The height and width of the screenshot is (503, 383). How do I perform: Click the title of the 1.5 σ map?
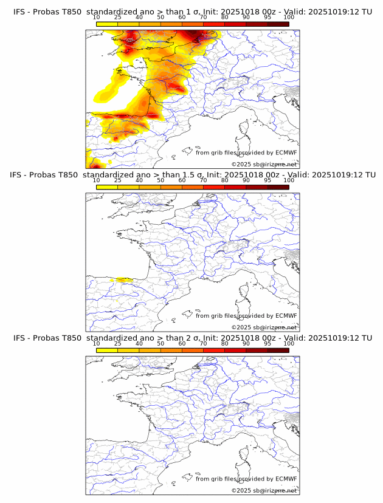192,175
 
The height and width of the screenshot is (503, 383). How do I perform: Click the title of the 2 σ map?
192,338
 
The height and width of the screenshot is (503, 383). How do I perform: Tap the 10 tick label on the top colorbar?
97,18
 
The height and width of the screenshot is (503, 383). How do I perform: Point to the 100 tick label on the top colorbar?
289,18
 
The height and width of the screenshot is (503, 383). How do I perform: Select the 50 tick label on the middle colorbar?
160,180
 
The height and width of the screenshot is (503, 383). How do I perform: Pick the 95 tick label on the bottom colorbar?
267,343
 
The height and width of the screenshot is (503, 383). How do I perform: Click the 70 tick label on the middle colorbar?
203,180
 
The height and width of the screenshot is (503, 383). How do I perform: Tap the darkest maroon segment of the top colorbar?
278,24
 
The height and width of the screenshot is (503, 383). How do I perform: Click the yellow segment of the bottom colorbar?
107,350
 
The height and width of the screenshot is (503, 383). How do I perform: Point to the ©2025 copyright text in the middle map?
264,327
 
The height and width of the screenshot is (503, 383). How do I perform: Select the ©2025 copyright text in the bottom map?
264,490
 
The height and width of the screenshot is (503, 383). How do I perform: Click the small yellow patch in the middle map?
125,280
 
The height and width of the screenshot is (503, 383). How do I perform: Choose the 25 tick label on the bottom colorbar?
118,343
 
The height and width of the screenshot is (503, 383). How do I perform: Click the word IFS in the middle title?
19,175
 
